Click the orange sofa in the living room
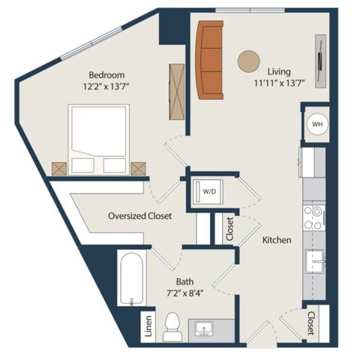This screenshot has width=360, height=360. (x=209, y=60)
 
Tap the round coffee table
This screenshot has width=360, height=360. (x=248, y=61)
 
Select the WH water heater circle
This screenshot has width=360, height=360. (x=317, y=124)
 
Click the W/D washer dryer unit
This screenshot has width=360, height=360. (x=208, y=192)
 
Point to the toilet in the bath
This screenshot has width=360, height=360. (x=172, y=327)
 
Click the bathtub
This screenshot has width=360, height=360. (x=131, y=279)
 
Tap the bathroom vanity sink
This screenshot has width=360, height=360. (x=204, y=329)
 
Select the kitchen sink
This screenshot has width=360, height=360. (x=315, y=261)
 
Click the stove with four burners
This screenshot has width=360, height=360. (x=314, y=218)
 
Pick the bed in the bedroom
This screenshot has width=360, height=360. (x=99, y=139)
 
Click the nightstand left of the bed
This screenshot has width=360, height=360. (x=59, y=169)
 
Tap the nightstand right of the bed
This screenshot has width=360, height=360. (x=138, y=169)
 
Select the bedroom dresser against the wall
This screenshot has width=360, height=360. (x=177, y=91)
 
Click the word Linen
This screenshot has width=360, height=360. (x=148, y=326)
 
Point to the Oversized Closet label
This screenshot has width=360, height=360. (x=139, y=216)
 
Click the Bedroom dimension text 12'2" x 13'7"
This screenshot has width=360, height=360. (x=106, y=86)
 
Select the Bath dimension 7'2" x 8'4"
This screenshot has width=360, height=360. (x=184, y=292)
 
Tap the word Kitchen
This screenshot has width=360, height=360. (x=277, y=240)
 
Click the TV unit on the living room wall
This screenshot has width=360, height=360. (x=320, y=61)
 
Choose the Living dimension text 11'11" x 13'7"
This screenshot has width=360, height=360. (x=280, y=82)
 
